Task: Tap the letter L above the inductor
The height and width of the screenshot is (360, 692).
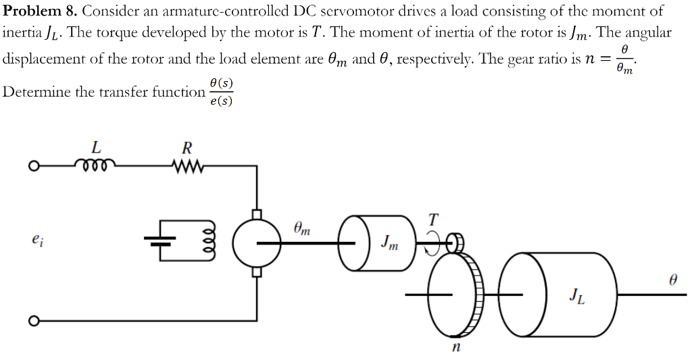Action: (96, 146)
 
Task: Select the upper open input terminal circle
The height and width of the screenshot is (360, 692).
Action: (32, 165)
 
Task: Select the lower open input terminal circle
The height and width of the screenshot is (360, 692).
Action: (32, 319)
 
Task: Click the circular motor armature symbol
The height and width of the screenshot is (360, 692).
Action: (255, 242)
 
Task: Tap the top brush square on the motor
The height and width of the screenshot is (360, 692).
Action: (256, 214)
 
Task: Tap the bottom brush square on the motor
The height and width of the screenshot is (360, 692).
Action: (256, 271)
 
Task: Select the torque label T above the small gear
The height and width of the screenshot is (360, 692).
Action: (432, 220)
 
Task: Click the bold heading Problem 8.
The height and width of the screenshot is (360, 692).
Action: (40, 11)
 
